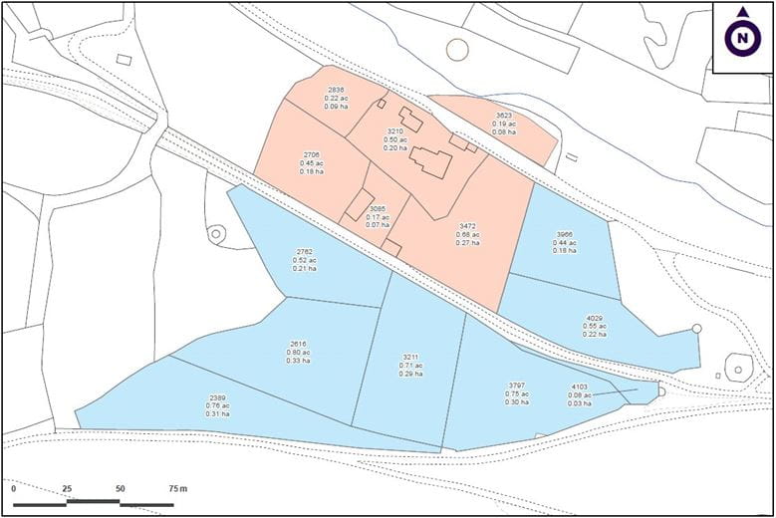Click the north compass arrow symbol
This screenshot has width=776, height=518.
741,37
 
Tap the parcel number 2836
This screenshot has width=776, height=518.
337,90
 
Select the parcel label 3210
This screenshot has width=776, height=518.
395,130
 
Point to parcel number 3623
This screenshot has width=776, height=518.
504,116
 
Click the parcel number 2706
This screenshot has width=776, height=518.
312,155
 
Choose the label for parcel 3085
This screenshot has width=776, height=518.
378,208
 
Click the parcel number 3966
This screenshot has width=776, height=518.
565,235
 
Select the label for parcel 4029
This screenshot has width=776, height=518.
595,318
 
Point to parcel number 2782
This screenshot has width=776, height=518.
305,252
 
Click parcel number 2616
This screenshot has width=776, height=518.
298,344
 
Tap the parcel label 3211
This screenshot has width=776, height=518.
411,357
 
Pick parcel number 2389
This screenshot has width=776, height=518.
218,397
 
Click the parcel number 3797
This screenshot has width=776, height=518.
516,386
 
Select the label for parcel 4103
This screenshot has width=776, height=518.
580,387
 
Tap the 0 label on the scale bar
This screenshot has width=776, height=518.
14,489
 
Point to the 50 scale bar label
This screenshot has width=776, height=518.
120,489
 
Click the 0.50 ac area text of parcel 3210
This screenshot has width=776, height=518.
395,139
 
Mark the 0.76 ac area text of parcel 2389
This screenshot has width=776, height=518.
218,405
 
